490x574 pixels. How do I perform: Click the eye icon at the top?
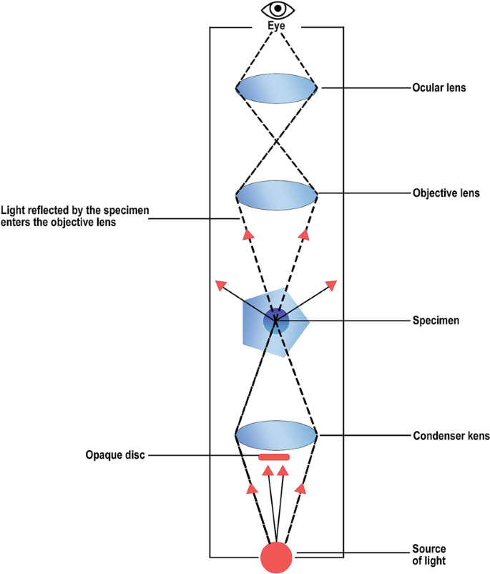276,10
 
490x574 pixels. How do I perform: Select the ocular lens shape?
276,88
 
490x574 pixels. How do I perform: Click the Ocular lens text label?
439,88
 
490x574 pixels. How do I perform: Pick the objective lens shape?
276,194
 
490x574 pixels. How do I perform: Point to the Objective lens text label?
446,193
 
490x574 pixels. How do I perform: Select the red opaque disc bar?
274,457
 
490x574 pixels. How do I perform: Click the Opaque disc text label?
114,454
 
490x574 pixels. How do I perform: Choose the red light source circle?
276,557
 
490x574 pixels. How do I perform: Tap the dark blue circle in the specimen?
276,321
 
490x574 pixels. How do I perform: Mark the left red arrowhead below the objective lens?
248,233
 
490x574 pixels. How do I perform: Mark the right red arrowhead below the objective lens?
304,233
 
